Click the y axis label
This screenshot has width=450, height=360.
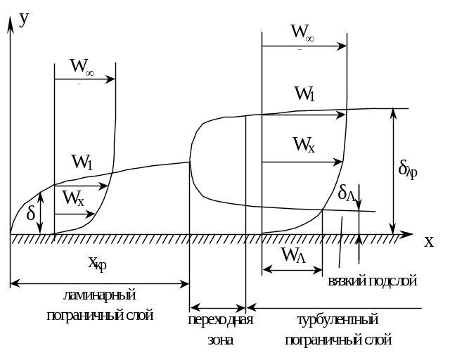[x=24, y=20]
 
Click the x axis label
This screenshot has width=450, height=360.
[x=429, y=242]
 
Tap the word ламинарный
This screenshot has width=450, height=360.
[x=99, y=295]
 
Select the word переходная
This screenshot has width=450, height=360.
[x=220, y=319]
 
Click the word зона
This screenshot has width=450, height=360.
[x=220, y=340]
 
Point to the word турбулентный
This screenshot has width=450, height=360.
[x=337, y=319]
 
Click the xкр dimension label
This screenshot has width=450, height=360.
[x=97, y=264]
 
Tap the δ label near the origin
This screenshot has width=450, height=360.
[x=31, y=213]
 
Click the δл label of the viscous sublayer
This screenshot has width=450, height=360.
[x=347, y=193]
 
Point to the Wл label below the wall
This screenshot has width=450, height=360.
[x=293, y=255]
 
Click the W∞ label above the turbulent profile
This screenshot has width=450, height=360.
[x=302, y=32]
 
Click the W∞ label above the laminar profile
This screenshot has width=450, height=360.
[x=82, y=67]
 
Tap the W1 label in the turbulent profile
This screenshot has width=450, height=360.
[x=304, y=94]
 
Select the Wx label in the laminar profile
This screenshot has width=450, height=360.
[x=73, y=198]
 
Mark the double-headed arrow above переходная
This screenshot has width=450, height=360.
[x=218, y=308]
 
